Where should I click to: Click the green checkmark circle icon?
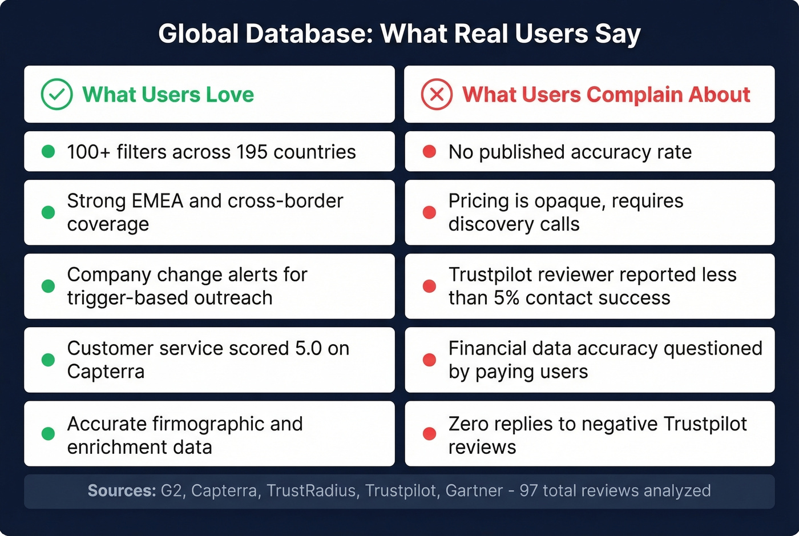coord(57,94)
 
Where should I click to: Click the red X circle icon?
coord(437,94)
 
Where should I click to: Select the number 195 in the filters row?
coord(252,152)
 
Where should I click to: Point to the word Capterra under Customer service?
coord(106,372)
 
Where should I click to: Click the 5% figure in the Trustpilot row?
coord(506,298)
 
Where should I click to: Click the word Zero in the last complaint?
coord(469,424)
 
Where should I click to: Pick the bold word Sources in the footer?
coord(122,491)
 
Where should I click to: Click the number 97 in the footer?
coord(528,491)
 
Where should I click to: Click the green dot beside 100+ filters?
coord(49,152)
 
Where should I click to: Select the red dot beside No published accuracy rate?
coord(429,152)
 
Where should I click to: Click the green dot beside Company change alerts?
coord(49,286)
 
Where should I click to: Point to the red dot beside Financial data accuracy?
coord(429,360)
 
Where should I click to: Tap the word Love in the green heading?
coord(229,95)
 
